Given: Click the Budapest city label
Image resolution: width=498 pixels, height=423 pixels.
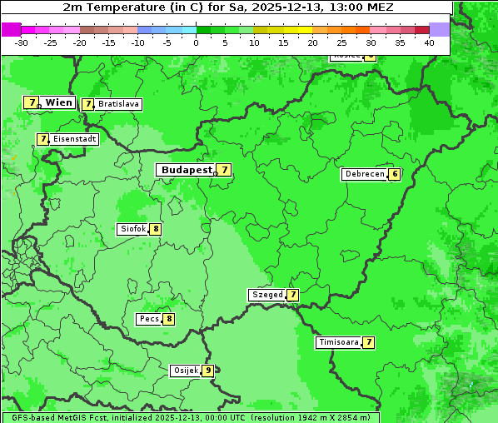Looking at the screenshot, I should (187, 170).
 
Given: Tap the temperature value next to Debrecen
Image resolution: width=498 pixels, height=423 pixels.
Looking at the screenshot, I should (395, 175).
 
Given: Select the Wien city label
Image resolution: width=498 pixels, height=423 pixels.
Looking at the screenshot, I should (59, 102).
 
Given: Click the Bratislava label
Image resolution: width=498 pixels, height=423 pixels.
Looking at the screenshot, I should (117, 105).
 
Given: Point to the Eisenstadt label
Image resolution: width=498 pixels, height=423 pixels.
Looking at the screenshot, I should (75, 139).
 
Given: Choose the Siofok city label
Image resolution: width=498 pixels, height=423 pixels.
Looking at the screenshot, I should (132, 229).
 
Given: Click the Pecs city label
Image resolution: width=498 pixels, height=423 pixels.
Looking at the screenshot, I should (150, 319).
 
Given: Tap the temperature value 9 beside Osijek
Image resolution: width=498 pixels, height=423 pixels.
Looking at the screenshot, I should (208, 371).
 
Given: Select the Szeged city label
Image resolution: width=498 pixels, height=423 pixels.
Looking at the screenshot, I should (267, 295).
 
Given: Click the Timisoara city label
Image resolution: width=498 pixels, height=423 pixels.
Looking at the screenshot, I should (339, 342).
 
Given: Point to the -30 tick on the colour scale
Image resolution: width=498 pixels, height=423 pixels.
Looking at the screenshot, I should (22, 42).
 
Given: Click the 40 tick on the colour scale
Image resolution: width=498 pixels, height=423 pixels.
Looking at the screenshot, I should (429, 42).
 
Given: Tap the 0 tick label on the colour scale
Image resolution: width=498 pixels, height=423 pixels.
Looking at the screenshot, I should (197, 42).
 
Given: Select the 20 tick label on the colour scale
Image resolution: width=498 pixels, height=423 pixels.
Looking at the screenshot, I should (312, 42).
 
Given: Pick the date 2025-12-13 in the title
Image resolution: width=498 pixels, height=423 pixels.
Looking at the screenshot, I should (284, 7).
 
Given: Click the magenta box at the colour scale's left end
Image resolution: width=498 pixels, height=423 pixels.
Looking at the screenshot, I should (11, 29).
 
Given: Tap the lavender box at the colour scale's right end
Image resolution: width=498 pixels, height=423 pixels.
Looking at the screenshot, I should (440, 29).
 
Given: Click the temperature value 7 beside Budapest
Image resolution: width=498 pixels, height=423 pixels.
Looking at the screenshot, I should (224, 170).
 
